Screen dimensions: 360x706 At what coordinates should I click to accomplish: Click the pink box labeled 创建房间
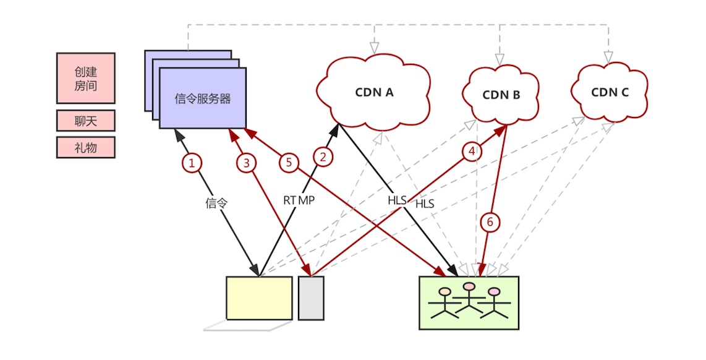(x=86, y=78)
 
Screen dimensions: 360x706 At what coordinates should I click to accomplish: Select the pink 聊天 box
(x=86, y=121)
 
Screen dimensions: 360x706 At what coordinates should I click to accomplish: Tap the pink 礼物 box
(x=86, y=147)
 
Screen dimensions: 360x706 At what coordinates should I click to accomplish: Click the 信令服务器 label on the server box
(x=203, y=98)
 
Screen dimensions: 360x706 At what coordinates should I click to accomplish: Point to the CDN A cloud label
(x=374, y=93)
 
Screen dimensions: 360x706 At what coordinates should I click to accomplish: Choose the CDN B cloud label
(x=501, y=95)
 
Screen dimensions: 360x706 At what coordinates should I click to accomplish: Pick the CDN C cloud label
(x=610, y=92)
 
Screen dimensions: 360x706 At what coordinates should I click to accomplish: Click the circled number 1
(x=192, y=163)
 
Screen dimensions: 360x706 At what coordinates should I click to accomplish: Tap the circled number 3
(x=246, y=163)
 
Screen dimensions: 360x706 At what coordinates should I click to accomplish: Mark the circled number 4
(x=472, y=151)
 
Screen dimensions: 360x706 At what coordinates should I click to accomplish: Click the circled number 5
(x=288, y=163)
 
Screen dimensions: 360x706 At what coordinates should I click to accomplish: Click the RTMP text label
(x=299, y=200)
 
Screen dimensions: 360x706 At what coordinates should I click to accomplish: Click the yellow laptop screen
(x=259, y=298)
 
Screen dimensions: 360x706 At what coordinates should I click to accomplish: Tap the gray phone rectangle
(x=311, y=298)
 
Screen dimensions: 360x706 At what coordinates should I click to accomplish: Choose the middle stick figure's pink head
(x=470, y=286)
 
